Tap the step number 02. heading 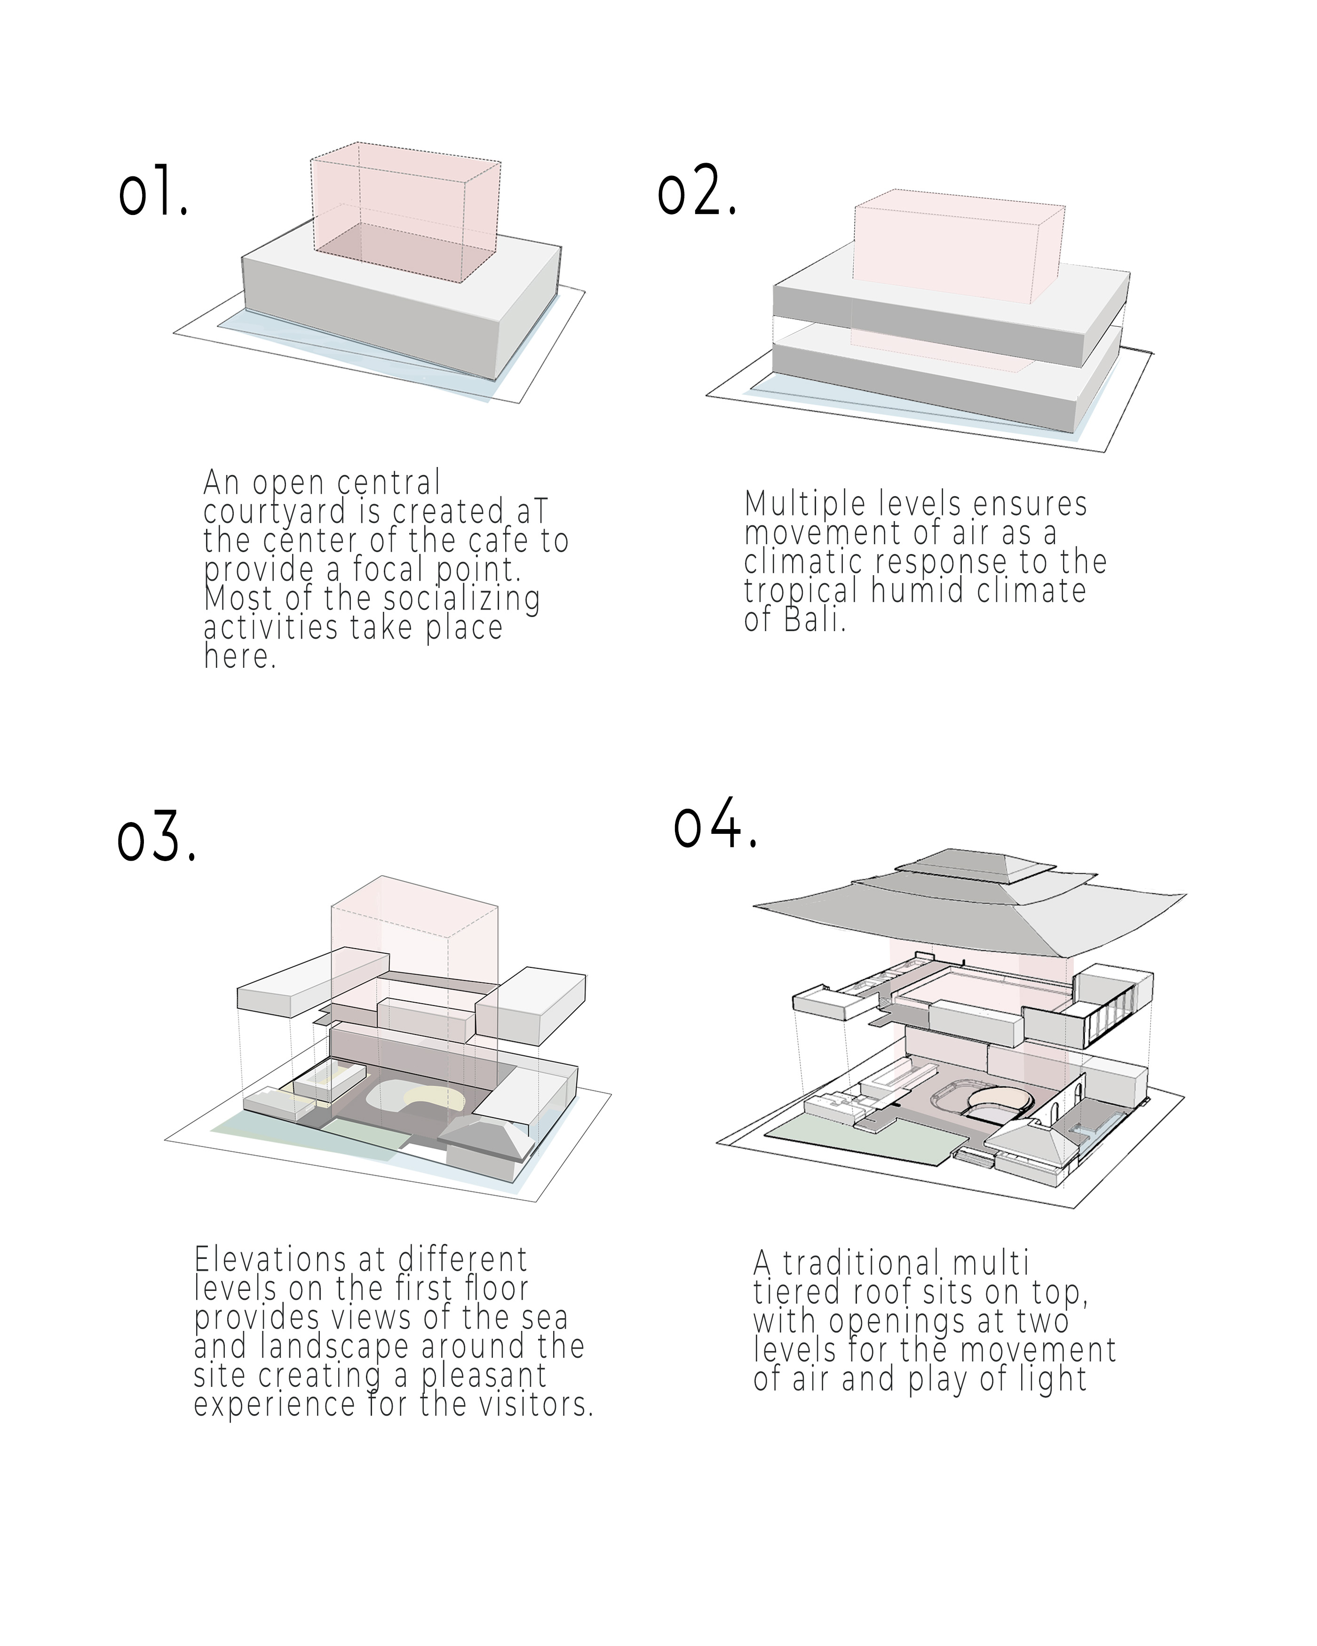pos(696,191)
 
